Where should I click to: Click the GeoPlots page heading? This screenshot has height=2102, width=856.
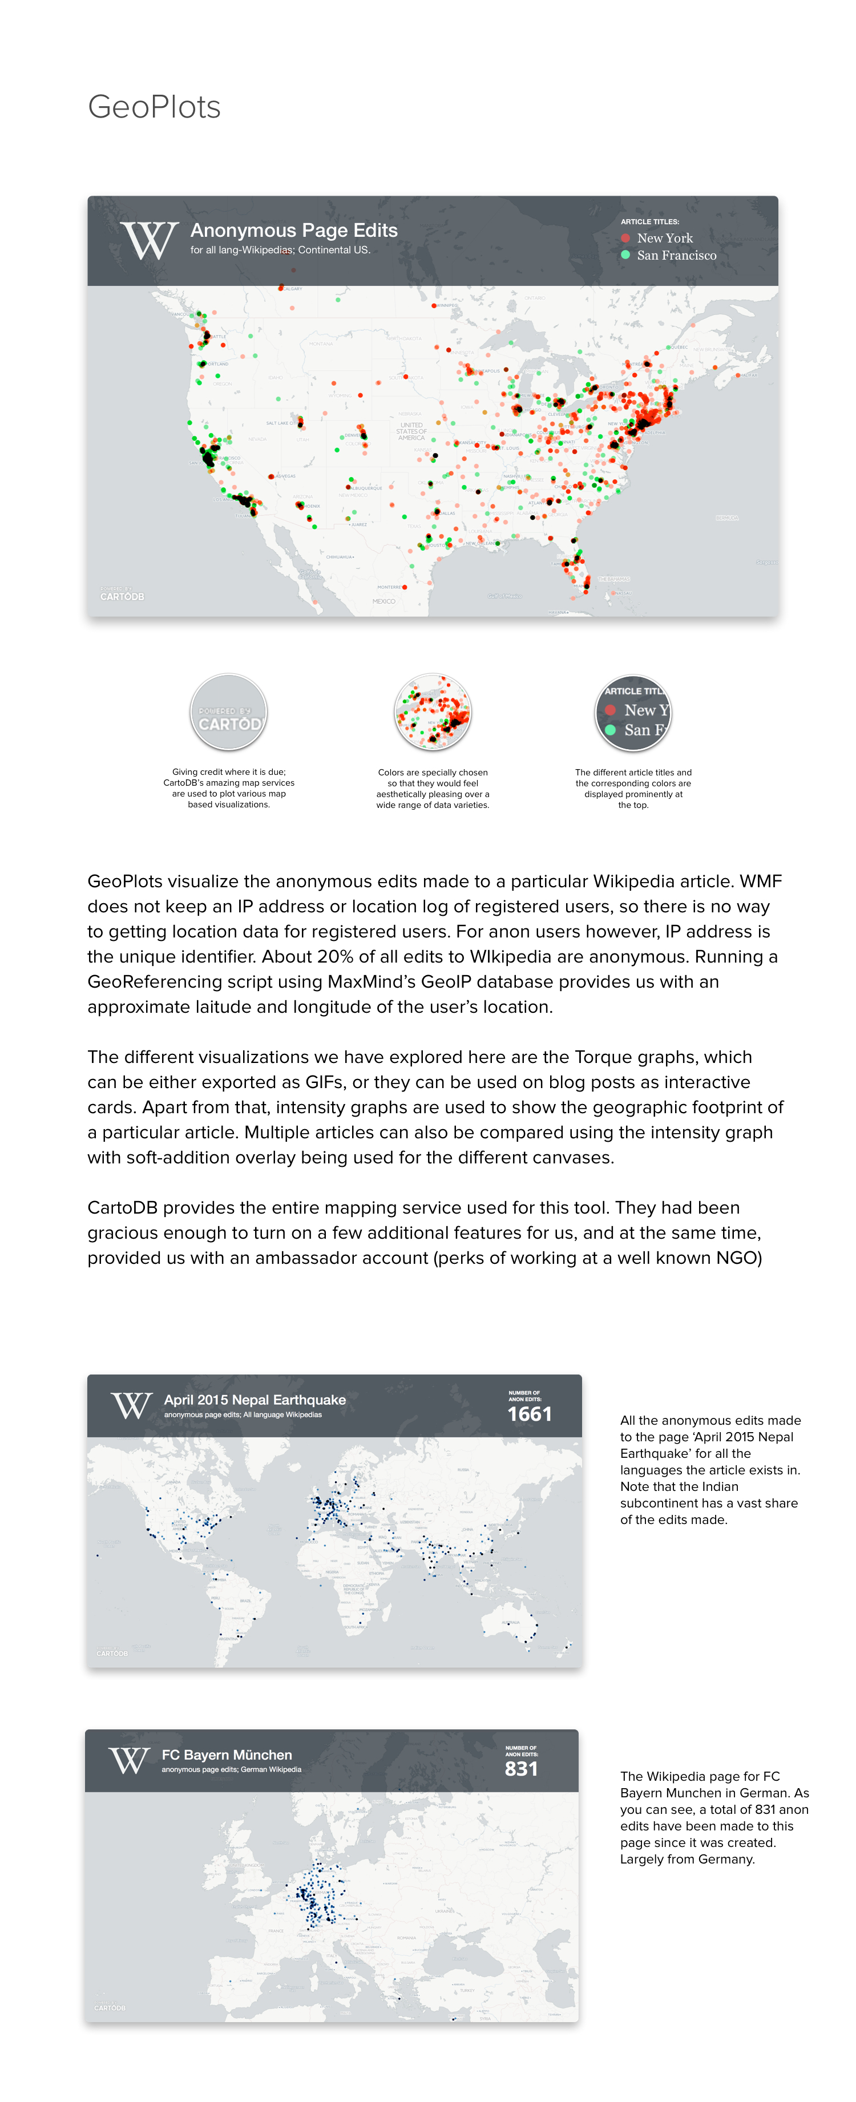click(x=154, y=107)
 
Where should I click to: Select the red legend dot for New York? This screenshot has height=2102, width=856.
click(x=625, y=239)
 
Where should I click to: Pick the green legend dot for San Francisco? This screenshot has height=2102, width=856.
click(x=625, y=254)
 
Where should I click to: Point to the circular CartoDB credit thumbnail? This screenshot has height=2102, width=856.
click(x=228, y=712)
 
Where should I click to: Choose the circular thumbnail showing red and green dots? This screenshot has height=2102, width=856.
click(x=433, y=712)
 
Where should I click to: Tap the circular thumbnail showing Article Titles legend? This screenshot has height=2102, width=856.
click(x=633, y=712)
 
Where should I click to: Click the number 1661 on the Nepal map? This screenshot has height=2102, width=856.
click(x=529, y=1414)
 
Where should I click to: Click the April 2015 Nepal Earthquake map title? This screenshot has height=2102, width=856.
click(x=255, y=1400)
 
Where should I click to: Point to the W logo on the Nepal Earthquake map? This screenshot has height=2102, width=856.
click(x=131, y=1406)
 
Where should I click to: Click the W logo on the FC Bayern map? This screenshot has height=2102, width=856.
click(x=129, y=1761)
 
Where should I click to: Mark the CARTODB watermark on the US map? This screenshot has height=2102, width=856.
click(x=122, y=596)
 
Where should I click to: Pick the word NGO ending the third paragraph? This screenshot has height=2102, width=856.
click(x=738, y=1258)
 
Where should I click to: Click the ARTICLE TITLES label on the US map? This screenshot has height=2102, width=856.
click(x=649, y=222)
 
